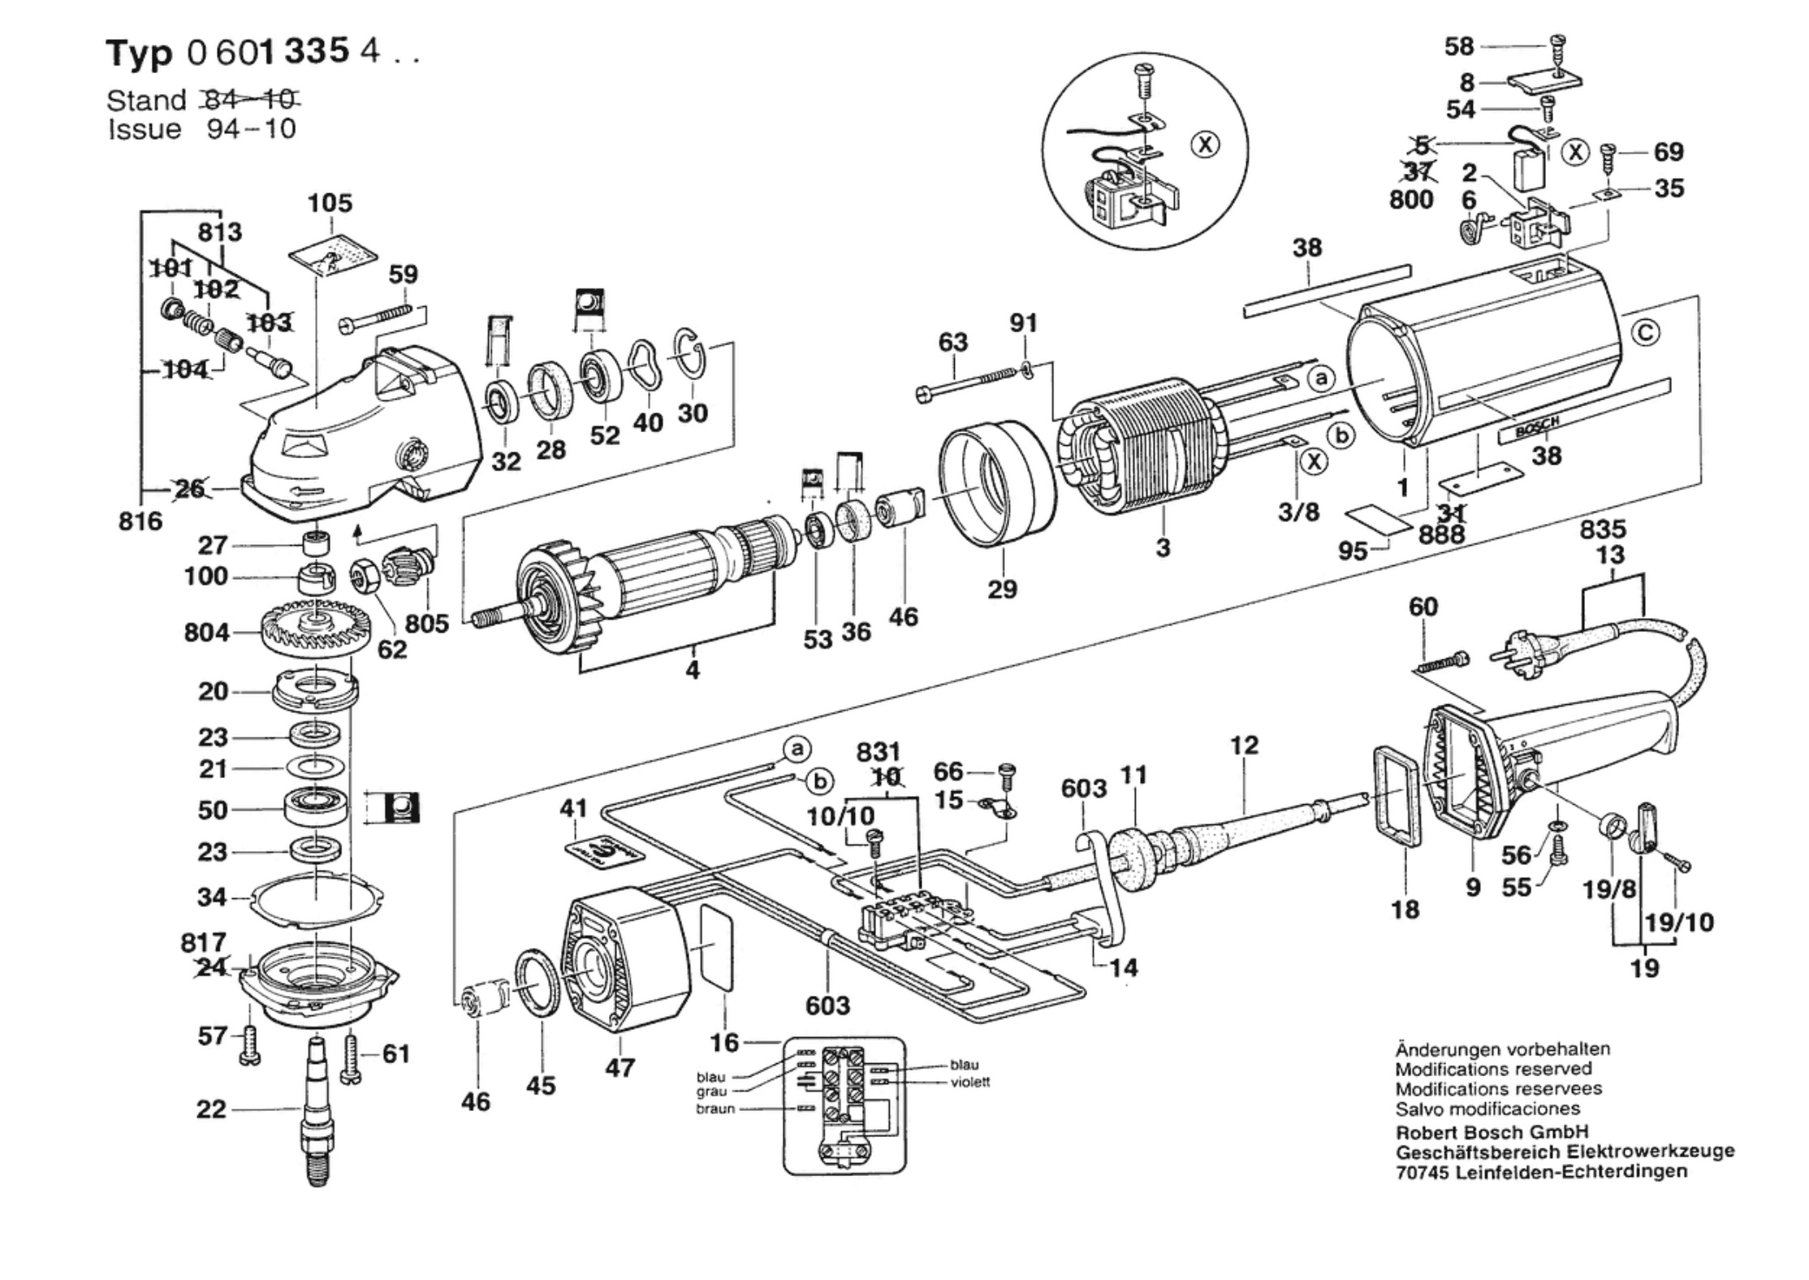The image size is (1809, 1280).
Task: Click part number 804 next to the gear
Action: (x=206, y=632)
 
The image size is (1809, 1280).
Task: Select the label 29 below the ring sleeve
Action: (x=1002, y=589)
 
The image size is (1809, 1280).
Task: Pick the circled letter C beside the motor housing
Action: (x=1646, y=333)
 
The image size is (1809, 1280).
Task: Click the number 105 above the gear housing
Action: (x=330, y=203)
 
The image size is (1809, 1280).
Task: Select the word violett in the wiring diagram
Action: (x=970, y=1082)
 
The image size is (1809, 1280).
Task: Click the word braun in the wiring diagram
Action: (x=715, y=1109)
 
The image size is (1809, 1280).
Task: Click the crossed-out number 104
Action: (x=186, y=370)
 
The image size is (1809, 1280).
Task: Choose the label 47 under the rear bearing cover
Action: (x=620, y=1067)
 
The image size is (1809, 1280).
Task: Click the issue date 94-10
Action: (x=251, y=129)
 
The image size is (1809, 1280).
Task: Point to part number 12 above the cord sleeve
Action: (x=1244, y=745)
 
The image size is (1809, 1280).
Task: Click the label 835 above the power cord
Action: (x=1603, y=530)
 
